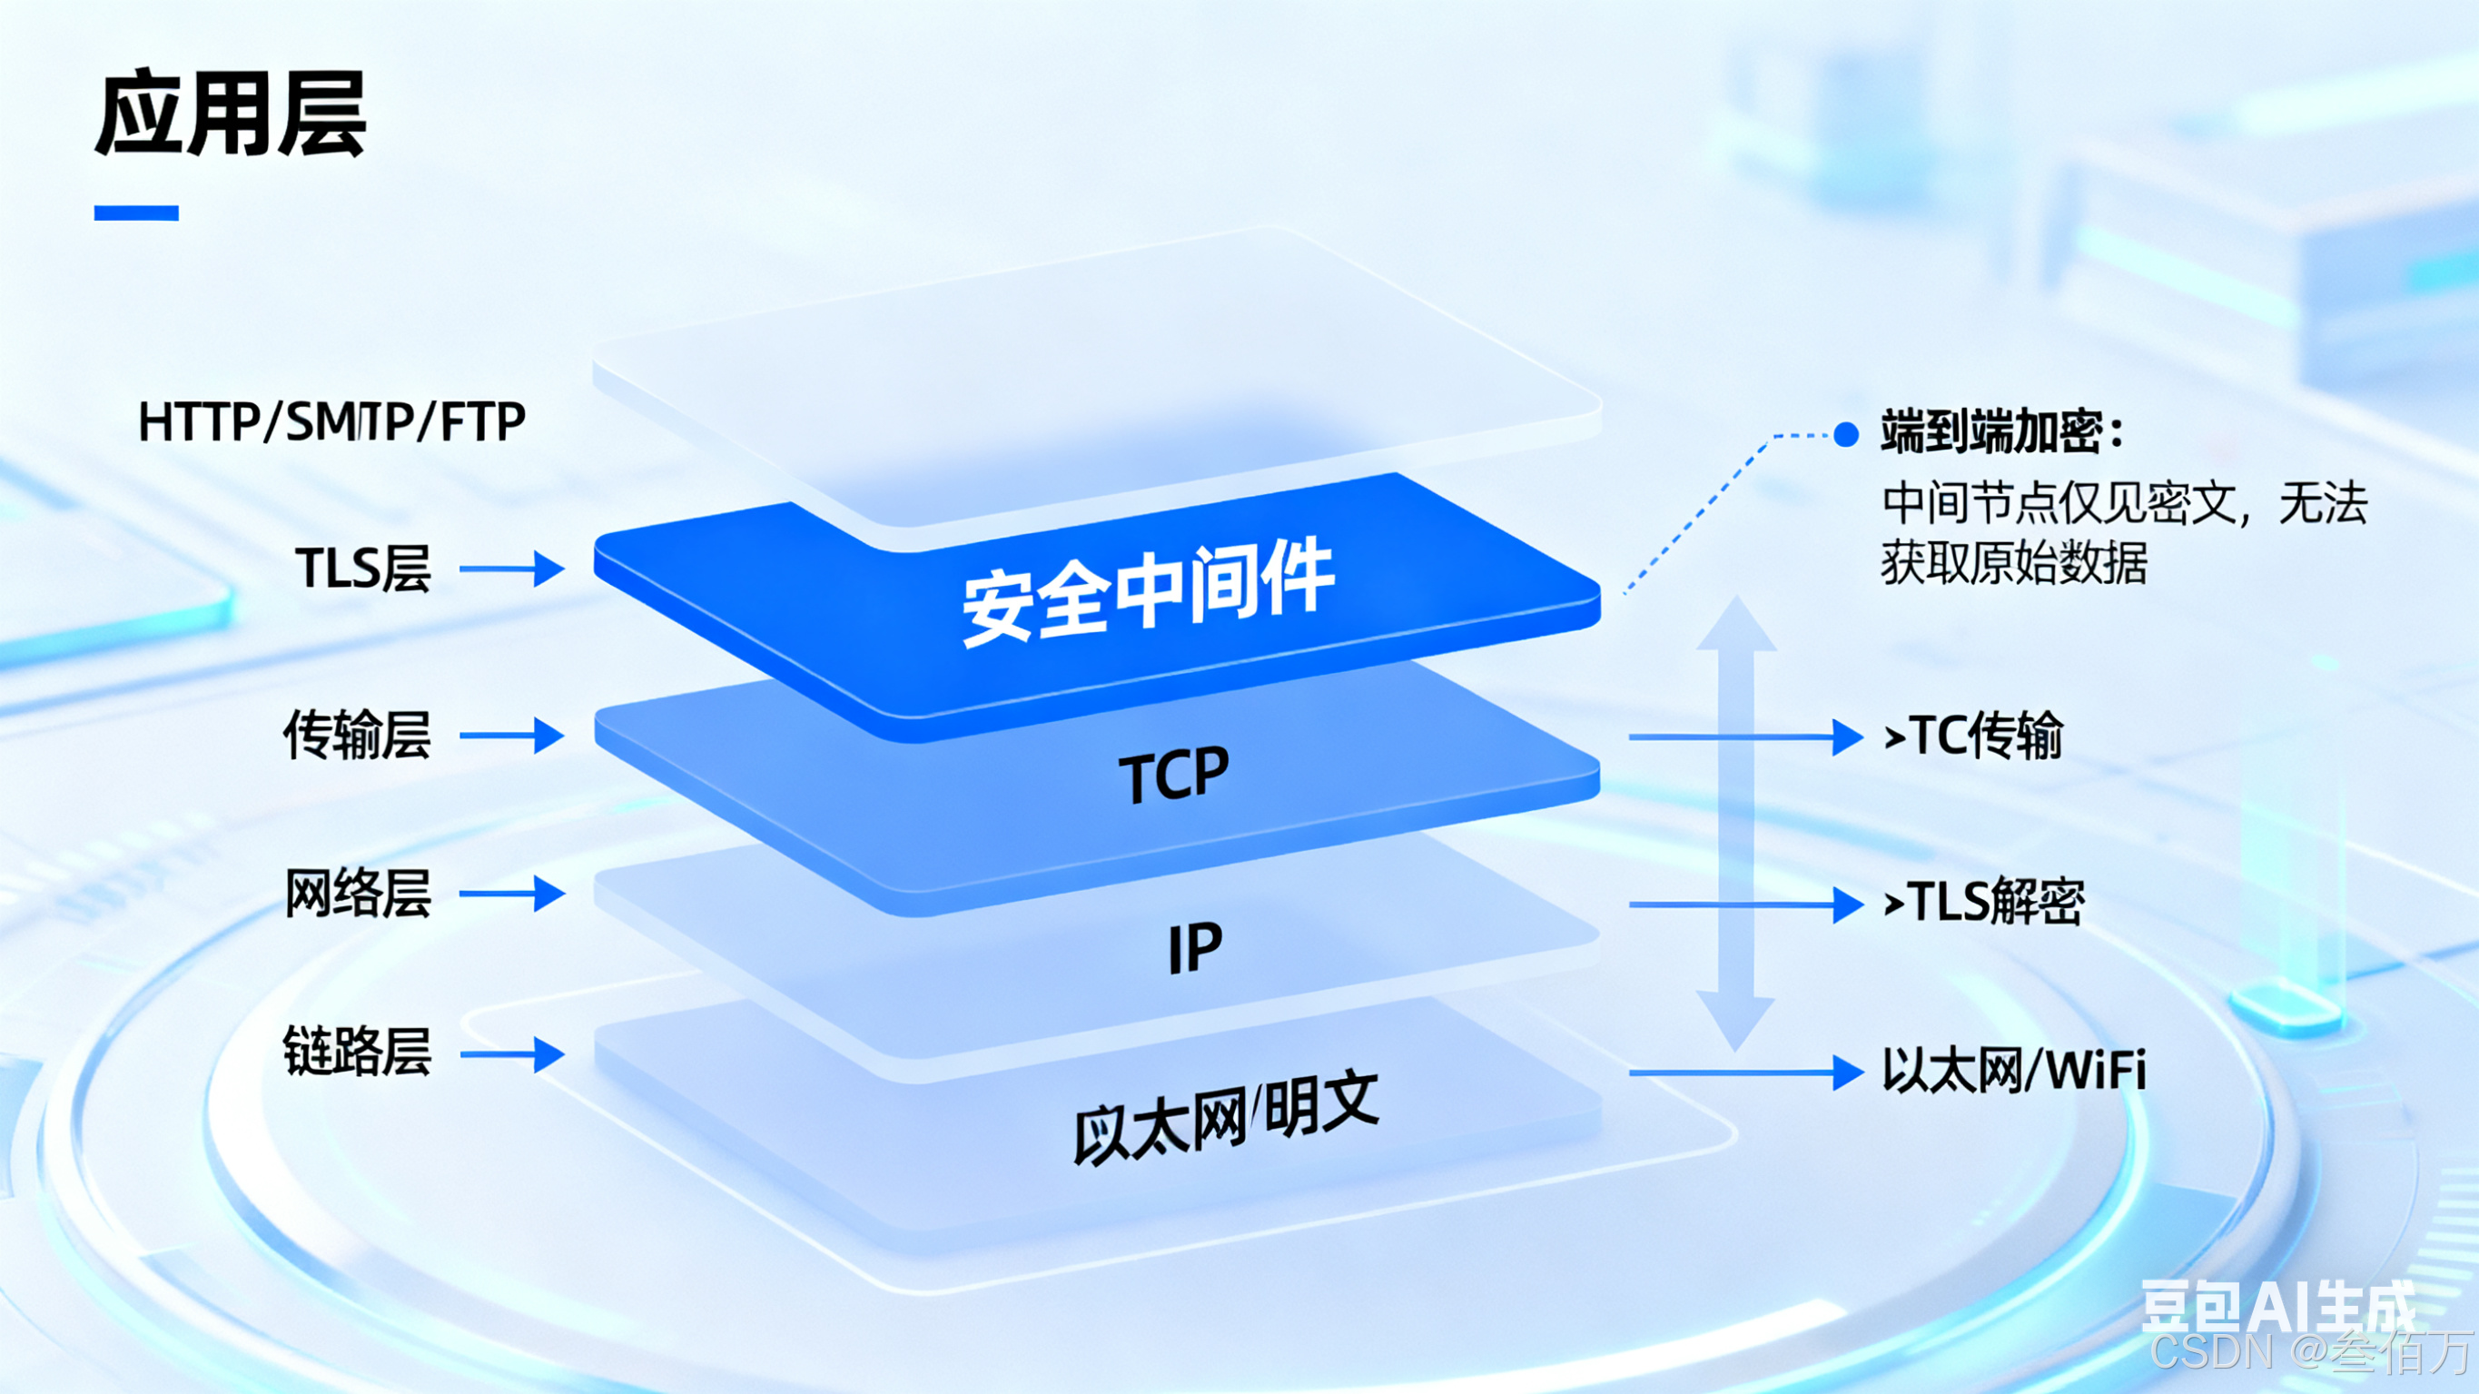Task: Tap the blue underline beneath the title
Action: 135,213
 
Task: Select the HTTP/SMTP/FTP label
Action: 332,421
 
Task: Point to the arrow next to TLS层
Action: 512,569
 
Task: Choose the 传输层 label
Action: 357,736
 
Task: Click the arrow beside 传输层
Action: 512,737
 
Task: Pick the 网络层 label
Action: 357,894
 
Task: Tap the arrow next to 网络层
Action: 512,895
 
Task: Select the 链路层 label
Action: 357,1053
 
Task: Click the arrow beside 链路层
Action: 512,1054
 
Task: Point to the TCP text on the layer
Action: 1174,775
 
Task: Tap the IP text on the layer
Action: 1194,947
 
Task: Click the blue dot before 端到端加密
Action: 1846,435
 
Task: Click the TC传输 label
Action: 1974,737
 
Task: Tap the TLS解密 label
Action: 1984,903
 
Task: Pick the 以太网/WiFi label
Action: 2014,1072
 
